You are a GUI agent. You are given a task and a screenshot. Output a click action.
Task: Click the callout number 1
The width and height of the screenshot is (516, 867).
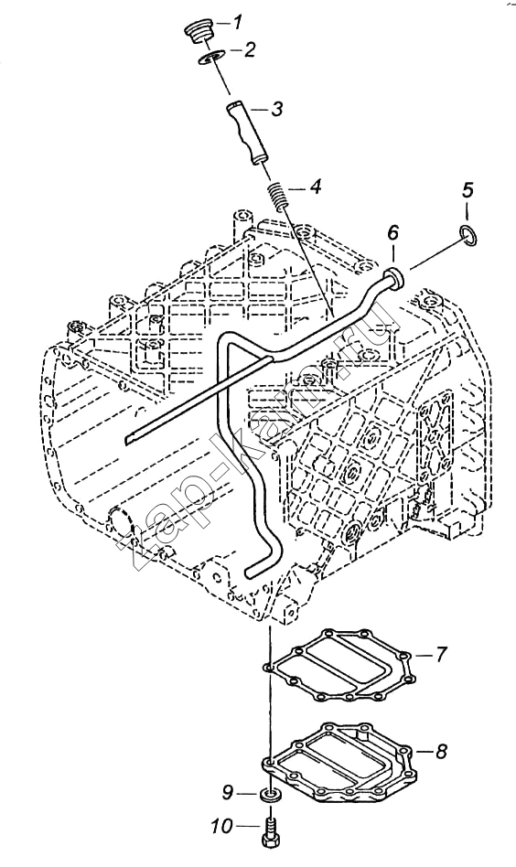(236, 23)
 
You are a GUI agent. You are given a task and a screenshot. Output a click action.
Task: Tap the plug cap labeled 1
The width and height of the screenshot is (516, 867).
(198, 31)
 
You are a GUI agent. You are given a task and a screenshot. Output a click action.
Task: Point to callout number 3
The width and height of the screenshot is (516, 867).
(276, 108)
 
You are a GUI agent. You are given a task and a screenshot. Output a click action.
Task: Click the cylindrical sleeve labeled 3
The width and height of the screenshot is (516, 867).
(245, 130)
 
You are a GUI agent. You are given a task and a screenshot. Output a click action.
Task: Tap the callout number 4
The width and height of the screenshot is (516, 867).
(316, 187)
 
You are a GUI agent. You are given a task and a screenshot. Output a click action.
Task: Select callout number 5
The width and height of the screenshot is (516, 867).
(468, 191)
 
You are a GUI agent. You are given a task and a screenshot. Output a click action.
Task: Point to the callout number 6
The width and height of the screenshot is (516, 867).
(392, 233)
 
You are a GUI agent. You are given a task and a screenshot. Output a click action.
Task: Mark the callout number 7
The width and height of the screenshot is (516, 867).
(440, 655)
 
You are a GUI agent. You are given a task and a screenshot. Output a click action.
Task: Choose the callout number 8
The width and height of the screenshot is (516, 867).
(441, 752)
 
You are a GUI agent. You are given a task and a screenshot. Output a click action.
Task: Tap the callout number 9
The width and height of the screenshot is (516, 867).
(228, 793)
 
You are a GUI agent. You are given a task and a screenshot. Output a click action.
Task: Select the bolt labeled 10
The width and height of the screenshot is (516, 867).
(269, 834)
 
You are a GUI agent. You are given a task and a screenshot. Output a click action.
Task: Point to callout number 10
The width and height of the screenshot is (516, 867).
(221, 827)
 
